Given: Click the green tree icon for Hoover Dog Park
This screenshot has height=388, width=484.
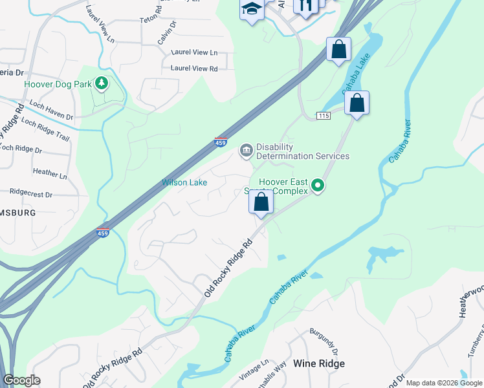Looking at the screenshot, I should pyautogui.click(x=101, y=83).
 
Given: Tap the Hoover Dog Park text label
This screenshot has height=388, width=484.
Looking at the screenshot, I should pyautogui.click(x=57, y=84).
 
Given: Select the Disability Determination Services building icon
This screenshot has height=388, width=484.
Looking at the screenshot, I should pyautogui.click(x=246, y=151).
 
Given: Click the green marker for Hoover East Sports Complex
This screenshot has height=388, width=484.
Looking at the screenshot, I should pyautogui.click(x=318, y=186).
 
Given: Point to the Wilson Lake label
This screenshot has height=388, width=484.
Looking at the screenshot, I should pyautogui.click(x=184, y=182).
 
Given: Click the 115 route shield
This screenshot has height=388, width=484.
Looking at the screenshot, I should pyautogui.click(x=324, y=115).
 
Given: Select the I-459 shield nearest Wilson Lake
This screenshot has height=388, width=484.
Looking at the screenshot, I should pyautogui.click(x=220, y=142).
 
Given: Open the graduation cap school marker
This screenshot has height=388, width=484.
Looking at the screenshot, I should pyautogui.click(x=251, y=9).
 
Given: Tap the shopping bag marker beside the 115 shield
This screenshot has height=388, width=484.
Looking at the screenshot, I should pyautogui.click(x=357, y=103).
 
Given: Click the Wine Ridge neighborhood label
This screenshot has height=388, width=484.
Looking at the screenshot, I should pyautogui.click(x=319, y=363).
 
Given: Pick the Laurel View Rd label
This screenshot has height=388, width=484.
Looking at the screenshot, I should pyautogui.click(x=194, y=68).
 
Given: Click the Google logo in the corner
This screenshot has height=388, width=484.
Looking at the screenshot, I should pyautogui.click(x=21, y=380).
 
